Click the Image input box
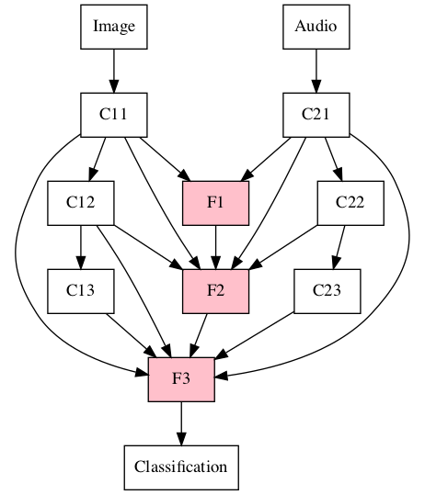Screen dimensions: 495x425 pyautogui.click(x=114, y=26)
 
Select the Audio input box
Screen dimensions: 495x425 pyautogui.click(x=316, y=26)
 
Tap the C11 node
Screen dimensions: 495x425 pyautogui.click(x=114, y=115)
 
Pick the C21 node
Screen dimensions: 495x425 pyautogui.click(x=316, y=115)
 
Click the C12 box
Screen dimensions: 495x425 pyautogui.click(x=81, y=203)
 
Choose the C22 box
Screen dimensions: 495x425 pyautogui.click(x=350, y=203)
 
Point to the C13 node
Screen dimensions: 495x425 pyautogui.click(x=81, y=291)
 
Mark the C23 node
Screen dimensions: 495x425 pyautogui.click(x=327, y=291)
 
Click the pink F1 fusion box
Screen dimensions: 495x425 pyautogui.click(x=215, y=203)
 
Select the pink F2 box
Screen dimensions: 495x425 pyautogui.click(x=215, y=291)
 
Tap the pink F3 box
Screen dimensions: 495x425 pyautogui.click(x=181, y=378)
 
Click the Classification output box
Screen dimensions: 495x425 pyautogui.click(x=181, y=467)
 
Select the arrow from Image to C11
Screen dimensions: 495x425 pyautogui.click(x=114, y=70)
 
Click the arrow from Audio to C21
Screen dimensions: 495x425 pyautogui.click(x=316, y=70)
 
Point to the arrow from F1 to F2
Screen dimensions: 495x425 pyautogui.click(x=215, y=247)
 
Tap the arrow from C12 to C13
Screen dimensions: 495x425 pyautogui.click(x=81, y=247)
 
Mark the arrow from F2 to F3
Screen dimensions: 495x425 pyautogui.click(x=199, y=335)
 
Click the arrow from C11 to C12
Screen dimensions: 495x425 pyautogui.click(x=98, y=158)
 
